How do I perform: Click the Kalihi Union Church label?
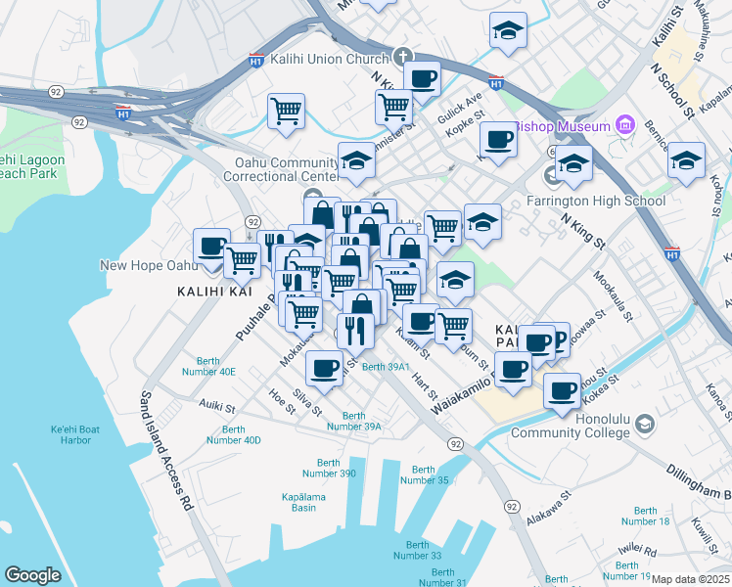(x=332, y=59)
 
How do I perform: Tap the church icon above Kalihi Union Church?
(x=402, y=57)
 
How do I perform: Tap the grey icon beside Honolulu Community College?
(x=644, y=425)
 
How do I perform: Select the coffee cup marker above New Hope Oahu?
(x=211, y=246)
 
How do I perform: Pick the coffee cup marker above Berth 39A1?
(x=324, y=368)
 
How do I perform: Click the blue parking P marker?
(x=556, y=339)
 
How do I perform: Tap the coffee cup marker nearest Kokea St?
(x=562, y=389)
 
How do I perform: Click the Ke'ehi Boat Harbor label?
(x=84, y=434)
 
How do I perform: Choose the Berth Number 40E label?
(x=215, y=366)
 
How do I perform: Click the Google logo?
(x=33, y=574)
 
